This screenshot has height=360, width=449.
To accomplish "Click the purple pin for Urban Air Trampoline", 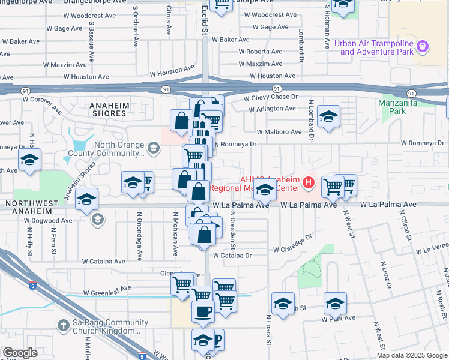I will point(423,46).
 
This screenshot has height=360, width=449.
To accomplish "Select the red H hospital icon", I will point(309,182).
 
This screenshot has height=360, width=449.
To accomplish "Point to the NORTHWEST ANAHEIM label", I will point(34,204).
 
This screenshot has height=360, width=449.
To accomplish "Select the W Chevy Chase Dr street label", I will point(270,97).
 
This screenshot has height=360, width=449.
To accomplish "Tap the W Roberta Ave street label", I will point(260,52).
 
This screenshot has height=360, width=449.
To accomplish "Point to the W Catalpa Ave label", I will point(103,262).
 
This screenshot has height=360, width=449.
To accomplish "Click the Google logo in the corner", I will point(20,353).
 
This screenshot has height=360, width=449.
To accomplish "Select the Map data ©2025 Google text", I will point(412,355).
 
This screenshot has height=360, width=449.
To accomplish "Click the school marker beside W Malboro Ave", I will point(329,117).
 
